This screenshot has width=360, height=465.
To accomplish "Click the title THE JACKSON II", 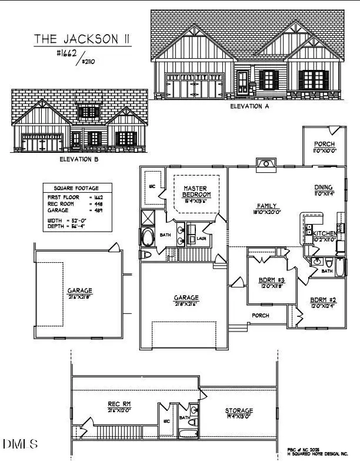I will pyautogui.click(x=82, y=39).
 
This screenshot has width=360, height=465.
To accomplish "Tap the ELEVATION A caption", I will pyautogui.click(x=249, y=106).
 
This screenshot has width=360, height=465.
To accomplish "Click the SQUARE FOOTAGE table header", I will pyautogui.click(x=72, y=188).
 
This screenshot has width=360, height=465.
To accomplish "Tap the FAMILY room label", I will pyautogui.click(x=265, y=206).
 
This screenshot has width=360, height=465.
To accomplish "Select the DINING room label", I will pyautogui.click(x=324, y=188).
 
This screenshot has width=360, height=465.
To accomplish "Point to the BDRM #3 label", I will pyautogui.click(x=272, y=280).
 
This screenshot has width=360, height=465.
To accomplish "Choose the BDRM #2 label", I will pyautogui.click(x=324, y=300).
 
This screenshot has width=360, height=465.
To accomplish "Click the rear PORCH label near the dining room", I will pyautogui.click(x=324, y=144).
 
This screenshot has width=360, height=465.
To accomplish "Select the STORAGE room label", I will pyautogui.click(x=239, y=410).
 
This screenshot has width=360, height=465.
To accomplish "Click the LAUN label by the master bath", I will pyautogui.click(x=201, y=239).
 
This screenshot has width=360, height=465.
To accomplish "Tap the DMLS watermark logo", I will pyautogui.click(x=20, y=443).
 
